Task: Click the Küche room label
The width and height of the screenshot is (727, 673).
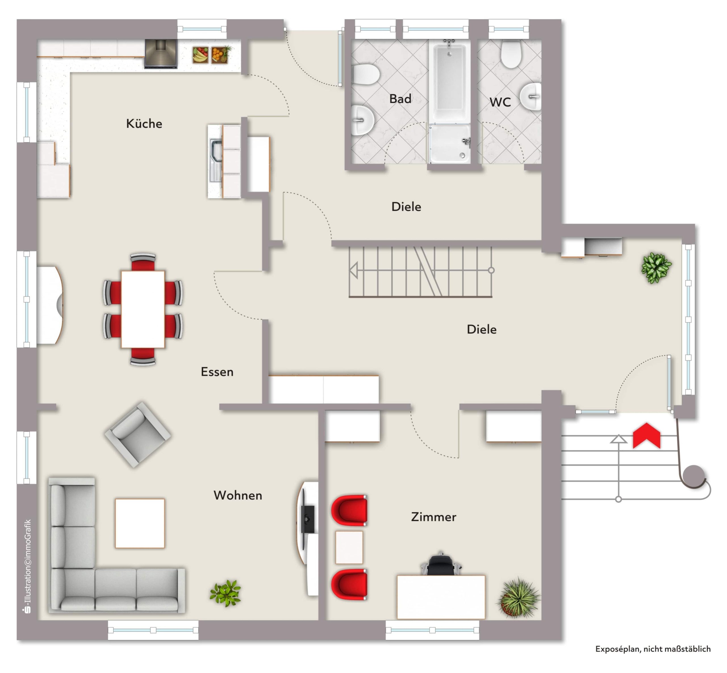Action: pyautogui.click(x=144, y=123)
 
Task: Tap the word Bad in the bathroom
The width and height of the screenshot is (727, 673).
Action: pyautogui.click(x=400, y=99)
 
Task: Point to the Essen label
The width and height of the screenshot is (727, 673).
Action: pyautogui.click(x=217, y=372)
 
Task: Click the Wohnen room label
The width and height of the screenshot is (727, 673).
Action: pyautogui.click(x=238, y=495)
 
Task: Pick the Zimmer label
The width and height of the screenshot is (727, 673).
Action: pyautogui.click(x=433, y=517)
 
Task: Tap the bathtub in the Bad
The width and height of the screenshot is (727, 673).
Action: pyautogui.click(x=450, y=81)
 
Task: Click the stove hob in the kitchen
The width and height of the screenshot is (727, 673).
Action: pyautogui.click(x=161, y=54)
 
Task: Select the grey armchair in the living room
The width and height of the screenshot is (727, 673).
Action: pyautogui.click(x=138, y=434)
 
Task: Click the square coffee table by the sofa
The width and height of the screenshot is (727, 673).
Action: pyautogui.click(x=140, y=523)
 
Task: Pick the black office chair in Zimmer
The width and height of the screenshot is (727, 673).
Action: pyautogui.click(x=441, y=565)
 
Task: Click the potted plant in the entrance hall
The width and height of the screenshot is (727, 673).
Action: pyautogui.click(x=656, y=268)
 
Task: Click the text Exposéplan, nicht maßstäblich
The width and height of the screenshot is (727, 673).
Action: pyautogui.click(x=653, y=649)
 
